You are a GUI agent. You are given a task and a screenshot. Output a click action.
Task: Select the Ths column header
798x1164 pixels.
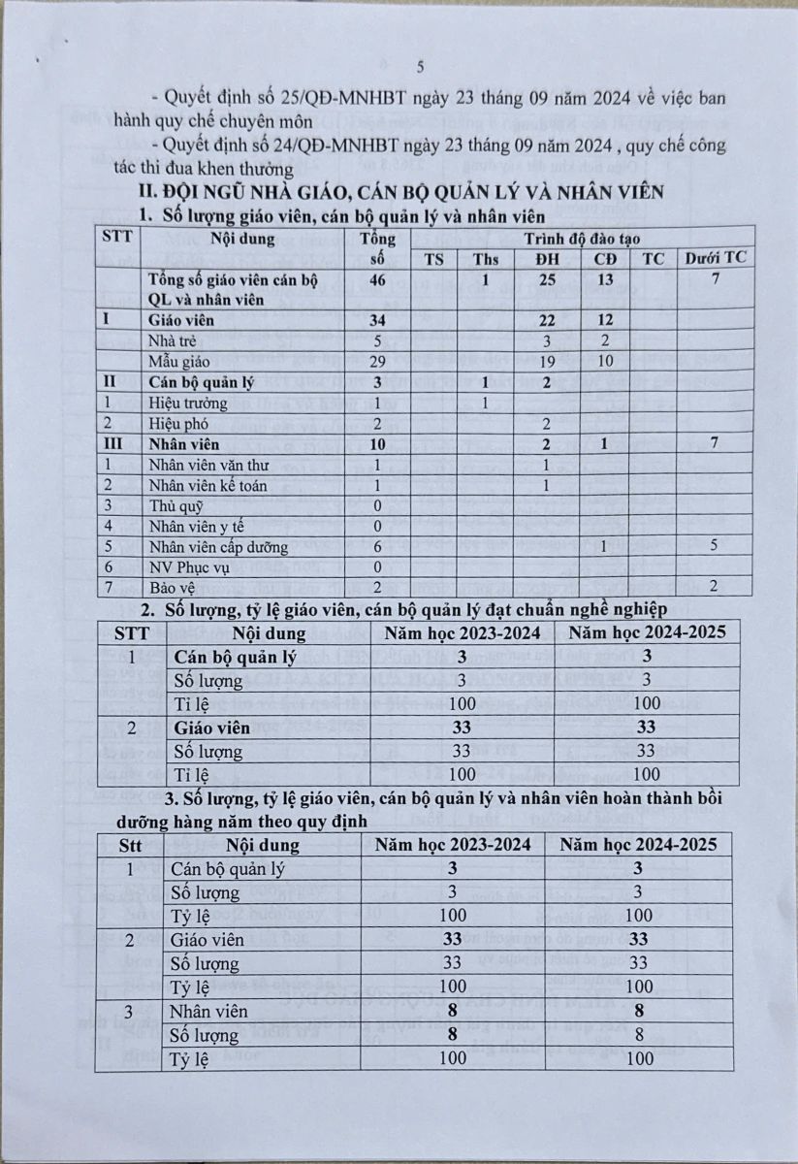coord(486,259)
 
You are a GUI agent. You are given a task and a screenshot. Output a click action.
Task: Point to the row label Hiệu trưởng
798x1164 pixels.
coord(189,403)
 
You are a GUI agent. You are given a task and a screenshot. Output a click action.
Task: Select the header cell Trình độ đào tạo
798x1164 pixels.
coord(584,237)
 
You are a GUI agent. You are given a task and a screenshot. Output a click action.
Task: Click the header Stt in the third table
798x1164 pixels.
coord(130,845)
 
